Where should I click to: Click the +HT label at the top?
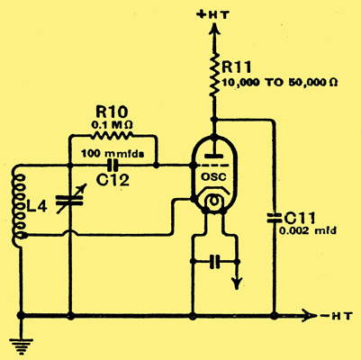212,14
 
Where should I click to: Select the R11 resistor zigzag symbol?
214,75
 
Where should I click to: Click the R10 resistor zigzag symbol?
112,136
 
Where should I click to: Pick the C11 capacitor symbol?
274,219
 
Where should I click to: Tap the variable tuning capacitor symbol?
71,200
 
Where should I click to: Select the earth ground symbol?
21,344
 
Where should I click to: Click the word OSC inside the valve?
213,177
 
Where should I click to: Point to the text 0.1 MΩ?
112,124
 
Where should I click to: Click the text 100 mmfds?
113,154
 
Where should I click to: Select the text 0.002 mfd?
308,231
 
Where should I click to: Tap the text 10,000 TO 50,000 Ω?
280,82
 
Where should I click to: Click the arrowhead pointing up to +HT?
214,29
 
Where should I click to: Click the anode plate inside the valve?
213,157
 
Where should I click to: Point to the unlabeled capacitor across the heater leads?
214,262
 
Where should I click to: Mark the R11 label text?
236,67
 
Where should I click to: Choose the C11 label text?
300,219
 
